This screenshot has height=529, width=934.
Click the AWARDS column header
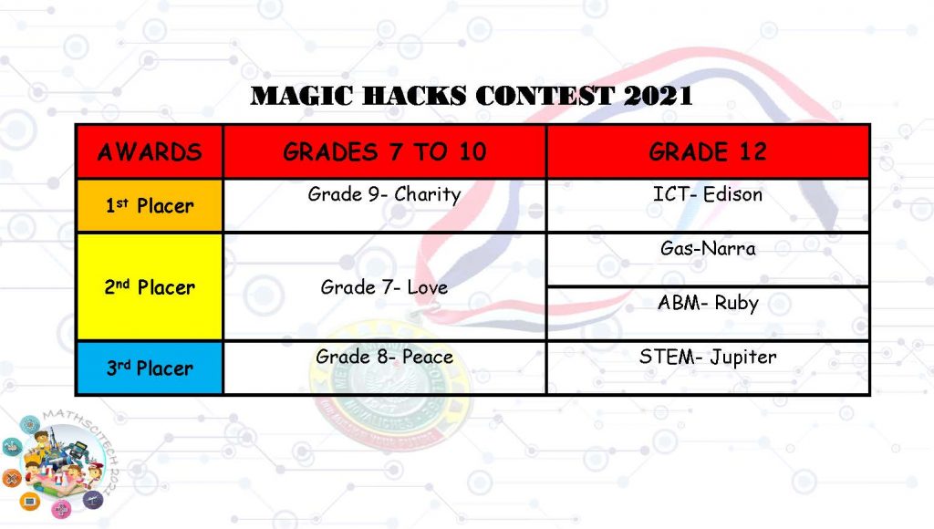pyautogui.click(x=150, y=151)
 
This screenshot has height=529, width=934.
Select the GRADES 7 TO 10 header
pyautogui.click(x=384, y=151)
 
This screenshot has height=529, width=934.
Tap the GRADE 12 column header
pyautogui.click(x=708, y=151)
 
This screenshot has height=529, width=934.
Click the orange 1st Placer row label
pyautogui.click(x=150, y=205)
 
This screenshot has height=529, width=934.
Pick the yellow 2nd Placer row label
pyautogui.click(x=150, y=286)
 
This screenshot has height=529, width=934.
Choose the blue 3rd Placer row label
pyautogui.click(x=150, y=368)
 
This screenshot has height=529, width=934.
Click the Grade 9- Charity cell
pyautogui.click(x=384, y=205)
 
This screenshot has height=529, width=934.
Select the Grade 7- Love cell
pyautogui.click(x=384, y=286)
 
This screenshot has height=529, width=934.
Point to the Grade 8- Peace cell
pyautogui.click(x=384, y=368)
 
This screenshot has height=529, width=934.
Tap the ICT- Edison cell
pyautogui.click(x=708, y=205)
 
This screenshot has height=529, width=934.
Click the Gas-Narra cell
pyautogui.click(x=708, y=259)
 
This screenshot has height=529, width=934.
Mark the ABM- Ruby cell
pyautogui.click(x=708, y=314)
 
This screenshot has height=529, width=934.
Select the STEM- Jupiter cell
pyautogui.click(x=708, y=368)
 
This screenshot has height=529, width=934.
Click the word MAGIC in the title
pyautogui.click(x=302, y=96)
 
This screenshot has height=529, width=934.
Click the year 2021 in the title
pyautogui.click(x=659, y=96)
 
